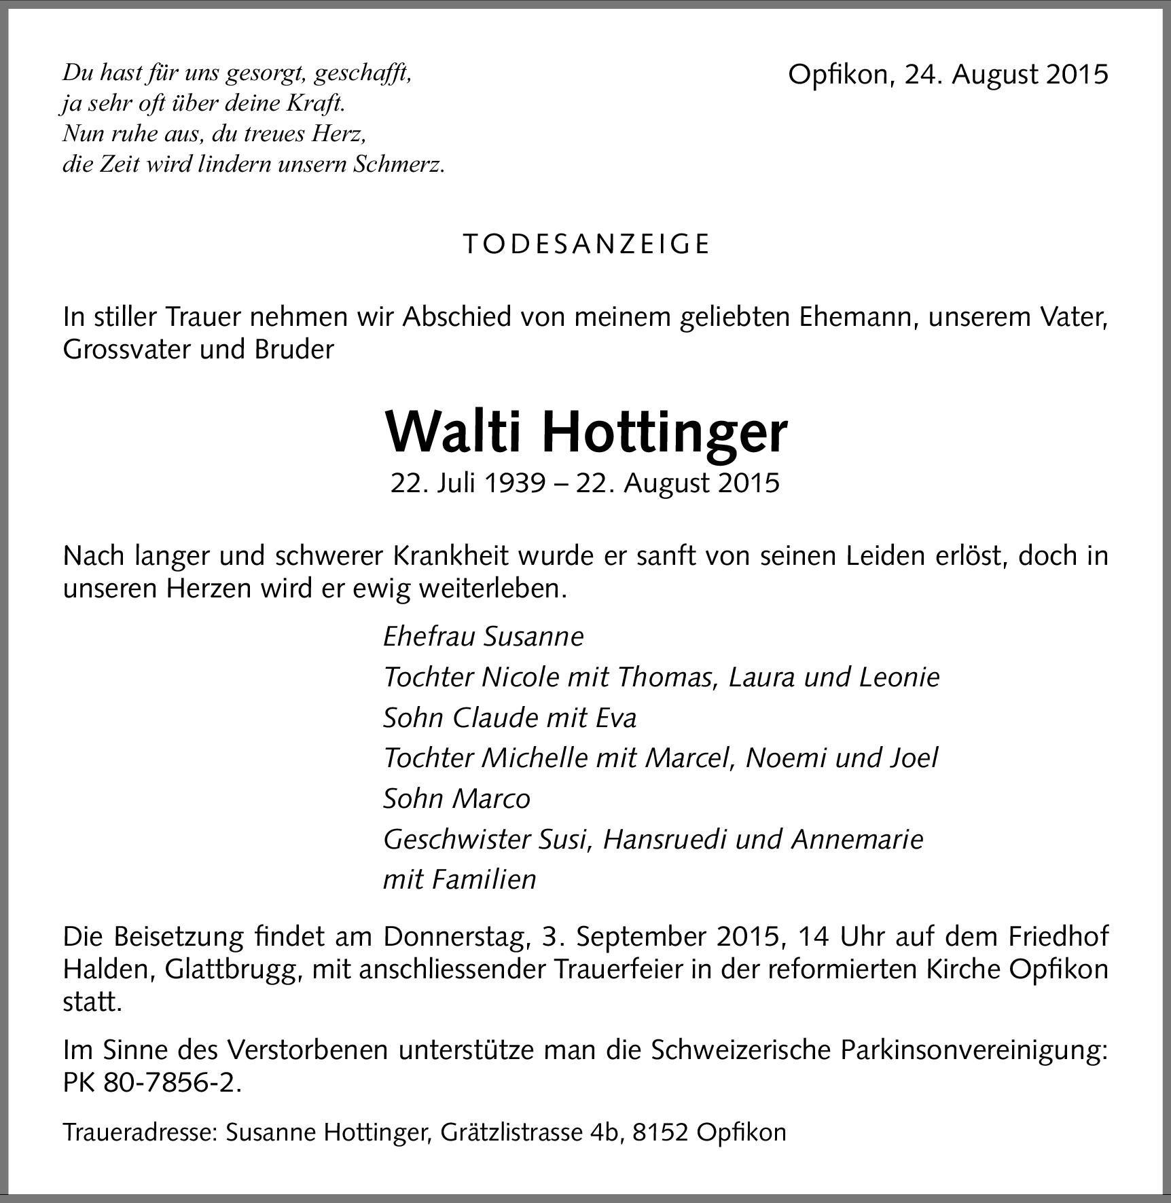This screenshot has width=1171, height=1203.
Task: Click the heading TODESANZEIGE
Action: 586,244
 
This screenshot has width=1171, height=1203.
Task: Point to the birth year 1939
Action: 515,483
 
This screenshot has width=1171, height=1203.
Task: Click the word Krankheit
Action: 450,556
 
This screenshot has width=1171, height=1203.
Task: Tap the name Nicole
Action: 520,677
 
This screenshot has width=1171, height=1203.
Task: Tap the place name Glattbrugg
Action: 232,969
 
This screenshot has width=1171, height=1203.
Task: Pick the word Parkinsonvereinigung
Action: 974,1050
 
